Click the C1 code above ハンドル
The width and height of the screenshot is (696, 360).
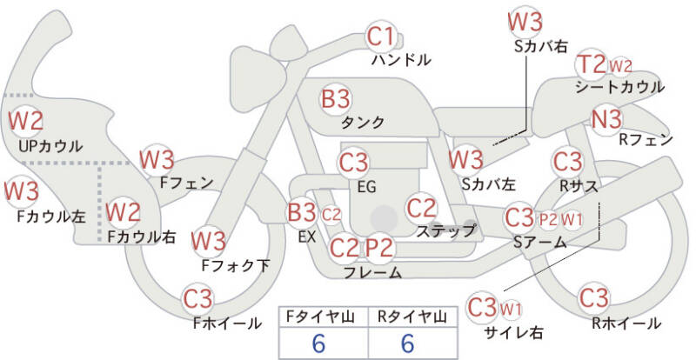tap(380, 37)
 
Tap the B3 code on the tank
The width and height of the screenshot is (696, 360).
tap(336, 97)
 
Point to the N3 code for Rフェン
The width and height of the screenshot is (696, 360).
tap(606, 119)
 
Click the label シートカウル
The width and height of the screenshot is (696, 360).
tap(619, 87)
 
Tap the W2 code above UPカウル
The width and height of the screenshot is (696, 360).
tap(26, 120)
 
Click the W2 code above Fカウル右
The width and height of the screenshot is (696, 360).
tap(124, 210)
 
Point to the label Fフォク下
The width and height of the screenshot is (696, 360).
tap(235, 265)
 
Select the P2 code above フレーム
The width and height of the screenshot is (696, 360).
tap(379, 248)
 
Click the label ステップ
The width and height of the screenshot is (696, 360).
tap(446, 230)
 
